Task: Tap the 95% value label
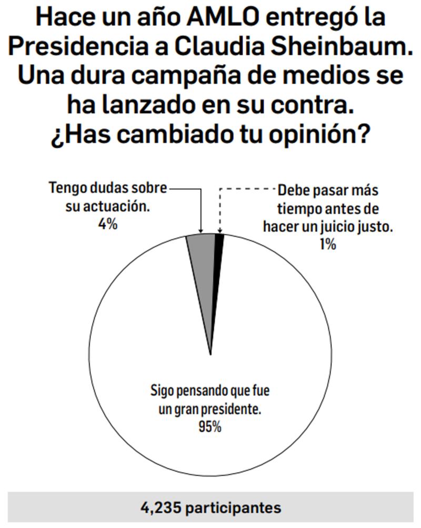click(209, 427)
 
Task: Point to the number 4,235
click(159, 508)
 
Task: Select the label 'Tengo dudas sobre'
click(108, 188)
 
